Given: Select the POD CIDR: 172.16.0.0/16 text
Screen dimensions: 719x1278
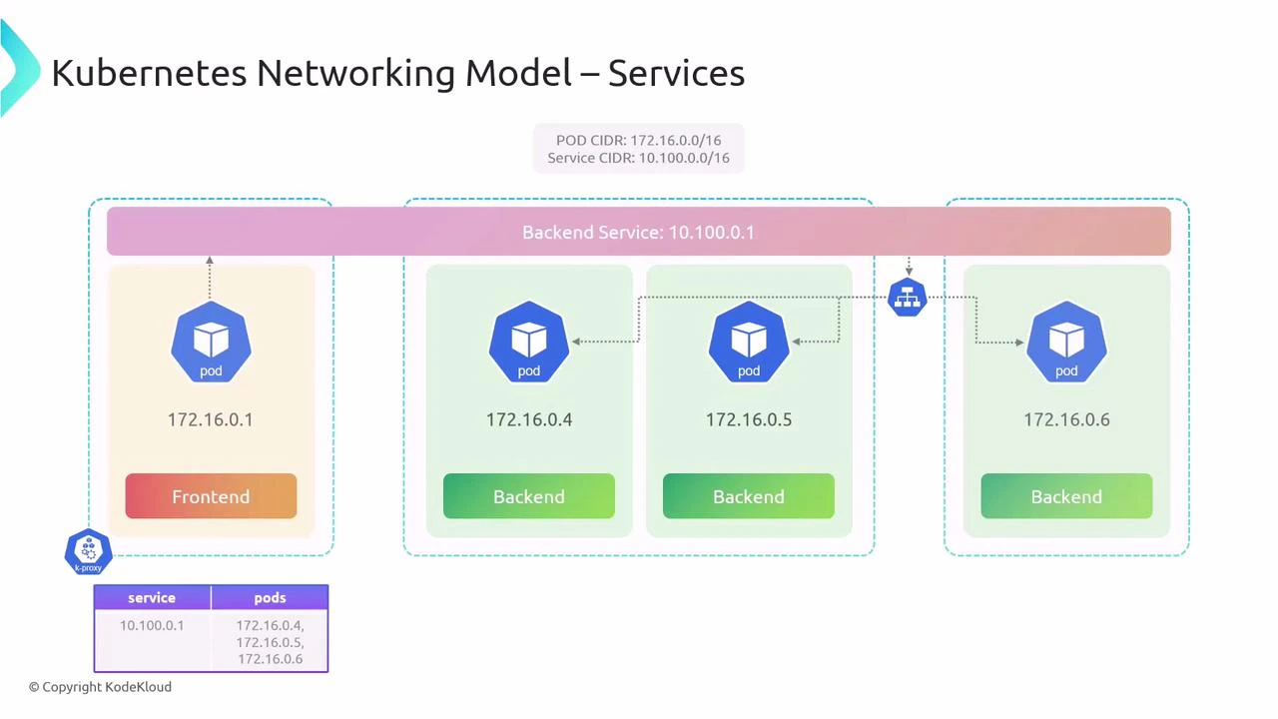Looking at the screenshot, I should click(x=638, y=141).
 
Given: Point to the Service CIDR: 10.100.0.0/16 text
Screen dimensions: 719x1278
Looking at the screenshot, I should click(x=638, y=158).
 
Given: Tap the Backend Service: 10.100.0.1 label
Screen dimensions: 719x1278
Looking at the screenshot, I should click(x=638, y=232).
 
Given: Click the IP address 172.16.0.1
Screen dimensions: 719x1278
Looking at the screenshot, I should click(x=211, y=419).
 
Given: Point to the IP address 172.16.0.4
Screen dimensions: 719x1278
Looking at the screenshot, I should click(x=529, y=419).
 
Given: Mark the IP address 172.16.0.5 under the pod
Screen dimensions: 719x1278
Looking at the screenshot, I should click(x=749, y=419).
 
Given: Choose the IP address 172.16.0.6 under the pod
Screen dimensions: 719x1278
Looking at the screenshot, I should click(x=1066, y=419).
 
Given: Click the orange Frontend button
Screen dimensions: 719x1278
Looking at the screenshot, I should click(x=211, y=496).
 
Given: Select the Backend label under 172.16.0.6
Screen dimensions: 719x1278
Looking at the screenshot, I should click(x=1066, y=496).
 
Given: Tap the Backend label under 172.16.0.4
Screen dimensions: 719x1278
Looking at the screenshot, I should click(x=529, y=496).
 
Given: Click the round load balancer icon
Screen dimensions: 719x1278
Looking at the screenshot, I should click(x=908, y=298).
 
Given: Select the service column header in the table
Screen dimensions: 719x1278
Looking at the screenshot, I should click(x=152, y=597).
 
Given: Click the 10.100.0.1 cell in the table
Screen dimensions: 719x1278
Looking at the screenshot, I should click(x=152, y=625).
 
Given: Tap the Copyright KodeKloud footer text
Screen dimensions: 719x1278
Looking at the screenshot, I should click(x=100, y=687).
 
